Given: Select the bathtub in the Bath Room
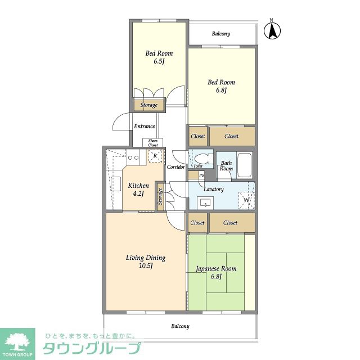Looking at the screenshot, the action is (x=245, y=165).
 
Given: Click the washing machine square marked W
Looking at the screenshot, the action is (x=246, y=200).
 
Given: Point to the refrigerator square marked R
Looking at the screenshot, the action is (x=155, y=156).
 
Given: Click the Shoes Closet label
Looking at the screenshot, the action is (x=152, y=143).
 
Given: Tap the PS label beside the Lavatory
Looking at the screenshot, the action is (x=201, y=175).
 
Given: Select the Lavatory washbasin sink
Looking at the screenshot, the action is (x=205, y=203).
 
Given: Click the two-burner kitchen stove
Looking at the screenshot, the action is (x=133, y=157).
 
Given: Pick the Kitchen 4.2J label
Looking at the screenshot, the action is (x=138, y=190).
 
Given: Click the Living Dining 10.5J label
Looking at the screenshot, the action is (x=146, y=261).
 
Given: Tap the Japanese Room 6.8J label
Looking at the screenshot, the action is (x=216, y=272).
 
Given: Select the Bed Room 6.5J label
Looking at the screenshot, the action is (x=159, y=57).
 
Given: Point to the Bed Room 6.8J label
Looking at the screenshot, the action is (x=221, y=86).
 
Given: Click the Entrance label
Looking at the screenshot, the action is (x=145, y=126).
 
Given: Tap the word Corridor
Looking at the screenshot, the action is (x=175, y=167).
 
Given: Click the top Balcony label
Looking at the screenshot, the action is (x=221, y=34).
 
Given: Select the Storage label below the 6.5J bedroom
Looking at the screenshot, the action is (x=148, y=105).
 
